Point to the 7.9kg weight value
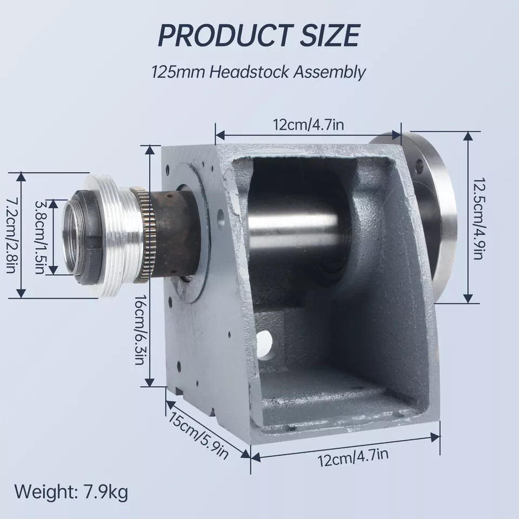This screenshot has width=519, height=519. click(x=106, y=493)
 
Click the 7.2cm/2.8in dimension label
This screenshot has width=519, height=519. click(x=11, y=235)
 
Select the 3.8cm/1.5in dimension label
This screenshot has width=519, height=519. click(x=40, y=237)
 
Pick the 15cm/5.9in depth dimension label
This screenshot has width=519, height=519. click(x=198, y=436)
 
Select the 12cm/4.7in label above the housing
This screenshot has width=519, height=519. click(x=308, y=126)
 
